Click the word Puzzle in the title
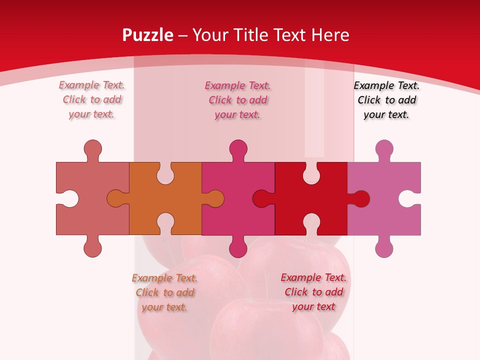tap(148, 35)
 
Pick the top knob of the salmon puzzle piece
tap(92, 149)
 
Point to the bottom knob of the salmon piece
tap(92, 247)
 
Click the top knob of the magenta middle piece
tap(238, 149)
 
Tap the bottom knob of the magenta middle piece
tap(238, 247)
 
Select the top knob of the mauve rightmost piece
tap(384, 149)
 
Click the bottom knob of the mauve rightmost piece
tap(384, 247)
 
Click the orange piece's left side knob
tap(116, 198)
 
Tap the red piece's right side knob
tap(360, 198)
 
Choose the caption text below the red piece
tap(313, 292)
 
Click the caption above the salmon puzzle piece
tap(92, 99)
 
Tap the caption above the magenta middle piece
tap(238, 99)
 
